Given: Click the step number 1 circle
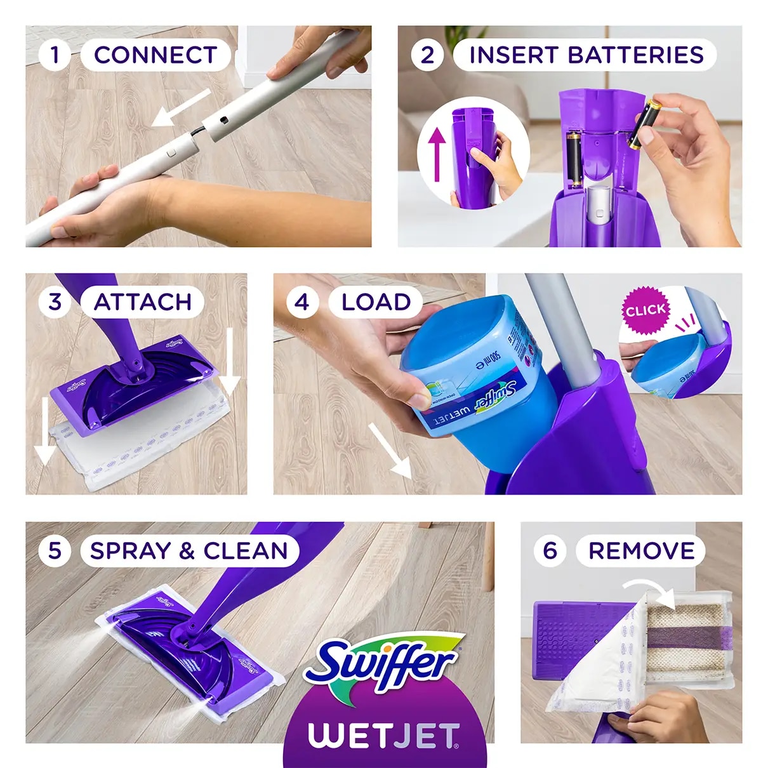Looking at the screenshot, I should coord(55,55).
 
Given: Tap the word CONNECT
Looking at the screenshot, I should coord(156,55).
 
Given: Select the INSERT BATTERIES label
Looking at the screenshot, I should coord(585,55).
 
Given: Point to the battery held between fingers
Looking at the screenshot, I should coord(646,123).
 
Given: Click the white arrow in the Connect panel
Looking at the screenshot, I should coord(181,107).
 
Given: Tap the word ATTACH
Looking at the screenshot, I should coord(142,302).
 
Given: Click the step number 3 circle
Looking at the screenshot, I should coord(55,302).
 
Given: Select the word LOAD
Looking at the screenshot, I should coord(376,302).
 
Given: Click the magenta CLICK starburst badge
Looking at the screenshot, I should coord(646,310).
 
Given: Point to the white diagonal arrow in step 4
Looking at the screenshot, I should coord(390,450).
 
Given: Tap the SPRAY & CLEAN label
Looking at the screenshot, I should coord(189,551).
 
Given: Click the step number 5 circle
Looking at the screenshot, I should coord(55,551).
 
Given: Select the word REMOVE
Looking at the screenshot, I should coord(641,551).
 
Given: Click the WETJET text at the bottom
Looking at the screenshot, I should coord(384,736).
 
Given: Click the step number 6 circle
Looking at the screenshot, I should coord(550,551).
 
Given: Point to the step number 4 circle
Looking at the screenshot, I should coord(302,302).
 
